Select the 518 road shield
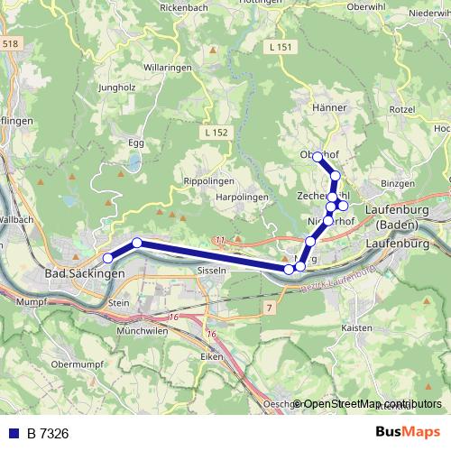coord(10,43)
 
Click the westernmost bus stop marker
coord(108,259)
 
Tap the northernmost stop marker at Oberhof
coord(318,157)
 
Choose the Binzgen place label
coord(398,183)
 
